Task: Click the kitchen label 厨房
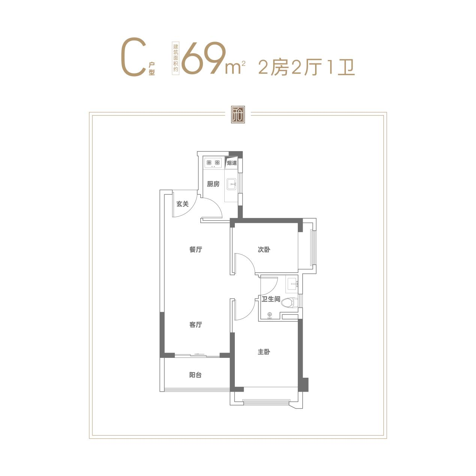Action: (x=213, y=184)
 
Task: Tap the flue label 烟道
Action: (x=232, y=163)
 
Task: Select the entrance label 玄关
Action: (x=182, y=204)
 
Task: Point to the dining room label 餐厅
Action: (x=196, y=249)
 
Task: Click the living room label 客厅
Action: (x=196, y=324)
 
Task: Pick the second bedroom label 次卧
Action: (x=264, y=249)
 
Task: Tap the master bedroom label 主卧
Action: (x=264, y=352)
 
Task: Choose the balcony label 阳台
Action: (x=195, y=375)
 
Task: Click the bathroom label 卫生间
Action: (x=271, y=299)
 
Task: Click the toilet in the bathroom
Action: (x=290, y=303)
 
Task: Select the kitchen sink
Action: (x=231, y=184)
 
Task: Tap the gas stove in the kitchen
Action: (x=213, y=163)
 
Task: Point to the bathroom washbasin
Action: (x=292, y=284)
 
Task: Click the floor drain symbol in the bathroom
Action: (x=269, y=315)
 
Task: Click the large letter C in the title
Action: (x=134, y=57)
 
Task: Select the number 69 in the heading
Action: (x=204, y=58)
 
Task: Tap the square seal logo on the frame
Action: (x=238, y=115)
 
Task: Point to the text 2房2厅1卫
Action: (x=306, y=67)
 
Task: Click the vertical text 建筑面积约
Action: (x=176, y=58)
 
